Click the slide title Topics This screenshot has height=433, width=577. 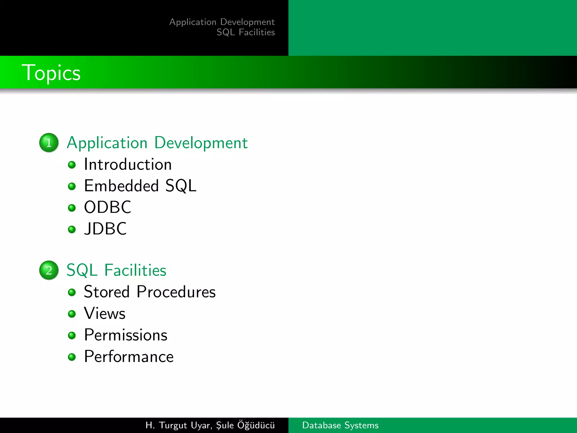(51, 73)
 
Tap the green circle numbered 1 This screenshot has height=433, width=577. (49, 143)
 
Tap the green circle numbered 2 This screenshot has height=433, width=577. (49, 270)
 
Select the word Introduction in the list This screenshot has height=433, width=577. (128, 164)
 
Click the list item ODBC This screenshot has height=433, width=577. (108, 207)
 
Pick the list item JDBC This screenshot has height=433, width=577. (105, 229)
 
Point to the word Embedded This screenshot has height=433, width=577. (121, 186)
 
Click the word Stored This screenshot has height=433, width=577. (107, 292)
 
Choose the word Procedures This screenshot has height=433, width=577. (176, 292)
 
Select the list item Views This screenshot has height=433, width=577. (105, 313)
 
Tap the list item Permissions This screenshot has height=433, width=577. (126, 335)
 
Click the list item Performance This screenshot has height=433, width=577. (129, 357)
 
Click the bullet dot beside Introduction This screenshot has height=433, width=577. (72, 165)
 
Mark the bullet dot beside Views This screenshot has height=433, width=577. (72, 314)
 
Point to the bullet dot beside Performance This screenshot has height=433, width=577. (72, 357)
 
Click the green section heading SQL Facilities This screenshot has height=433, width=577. (116, 270)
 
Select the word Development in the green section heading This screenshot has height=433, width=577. (201, 143)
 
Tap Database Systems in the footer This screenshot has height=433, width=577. (340, 425)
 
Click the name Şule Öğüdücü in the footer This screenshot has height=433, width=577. (245, 425)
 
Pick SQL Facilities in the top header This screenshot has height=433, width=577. (246, 32)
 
